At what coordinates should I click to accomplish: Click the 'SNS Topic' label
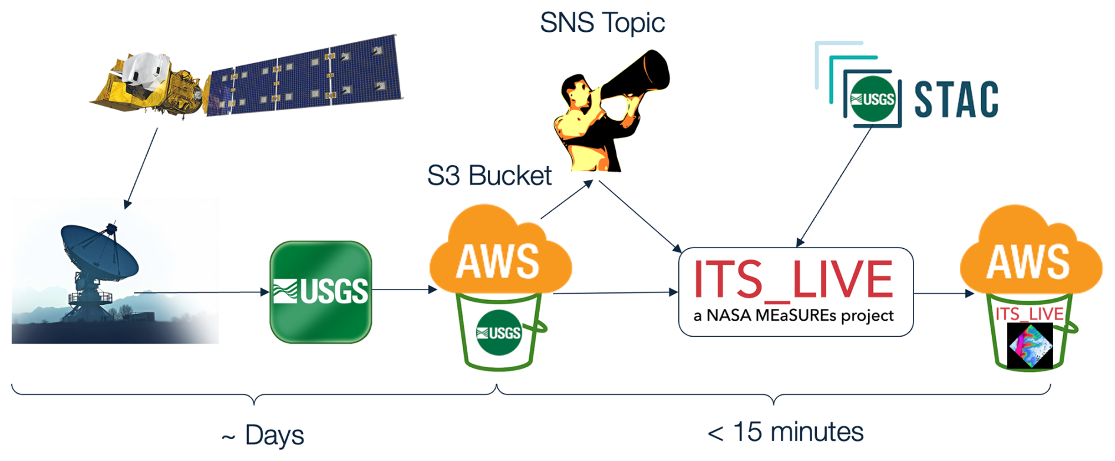(x=602, y=23)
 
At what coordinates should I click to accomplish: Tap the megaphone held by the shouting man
(x=639, y=77)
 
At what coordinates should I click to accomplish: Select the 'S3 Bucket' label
(x=489, y=176)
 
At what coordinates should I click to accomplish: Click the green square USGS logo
(x=321, y=292)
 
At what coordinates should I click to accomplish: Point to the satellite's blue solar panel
(x=306, y=75)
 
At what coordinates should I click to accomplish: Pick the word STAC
(x=956, y=100)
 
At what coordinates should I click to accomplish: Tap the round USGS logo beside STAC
(x=873, y=99)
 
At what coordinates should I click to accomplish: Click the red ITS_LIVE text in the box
(x=793, y=279)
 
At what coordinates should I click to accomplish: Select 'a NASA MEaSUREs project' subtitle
(x=793, y=316)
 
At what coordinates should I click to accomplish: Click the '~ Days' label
(x=263, y=436)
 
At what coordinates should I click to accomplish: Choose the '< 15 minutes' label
(x=785, y=432)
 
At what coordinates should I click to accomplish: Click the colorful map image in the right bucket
(x=1030, y=346)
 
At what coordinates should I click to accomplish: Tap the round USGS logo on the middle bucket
(x=499, y=332)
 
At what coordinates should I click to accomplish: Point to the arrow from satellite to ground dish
(x=141, y=168)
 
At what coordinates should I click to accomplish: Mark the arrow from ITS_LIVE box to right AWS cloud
(x=943, y=293)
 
